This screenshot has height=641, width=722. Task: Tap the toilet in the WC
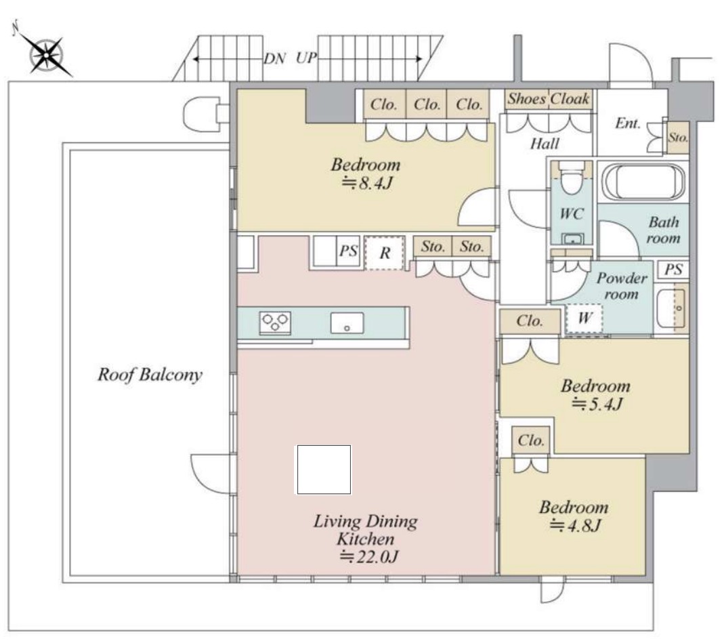[x=572, y=178]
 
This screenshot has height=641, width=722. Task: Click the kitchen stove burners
[x=275, y=322]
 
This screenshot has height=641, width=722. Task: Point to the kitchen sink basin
[x=347, y=323]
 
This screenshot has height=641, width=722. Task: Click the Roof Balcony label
[x=150, y=375]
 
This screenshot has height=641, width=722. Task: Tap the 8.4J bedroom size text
[x=367, y=184]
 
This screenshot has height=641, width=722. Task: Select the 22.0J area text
[x=368, y=557]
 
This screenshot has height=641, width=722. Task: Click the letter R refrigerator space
[x=385, y=252]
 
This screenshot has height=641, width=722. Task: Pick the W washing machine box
[x=585, y=318]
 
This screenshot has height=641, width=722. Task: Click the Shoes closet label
[x=527, y=99]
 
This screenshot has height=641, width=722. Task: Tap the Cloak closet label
[x=570, y=99]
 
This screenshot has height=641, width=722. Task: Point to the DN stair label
[x=275, y=58]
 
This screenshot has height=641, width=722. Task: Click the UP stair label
[x=307, y=58]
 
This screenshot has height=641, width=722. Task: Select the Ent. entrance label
[x=628, y=123]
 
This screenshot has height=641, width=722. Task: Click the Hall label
[x=545, y=144]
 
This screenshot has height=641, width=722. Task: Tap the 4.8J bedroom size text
[x=576, y=525]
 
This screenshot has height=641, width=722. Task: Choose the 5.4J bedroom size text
[x=597, y=404]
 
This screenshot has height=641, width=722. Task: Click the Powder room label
[x=622, y=286]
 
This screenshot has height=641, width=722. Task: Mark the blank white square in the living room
[x=324, y=470]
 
